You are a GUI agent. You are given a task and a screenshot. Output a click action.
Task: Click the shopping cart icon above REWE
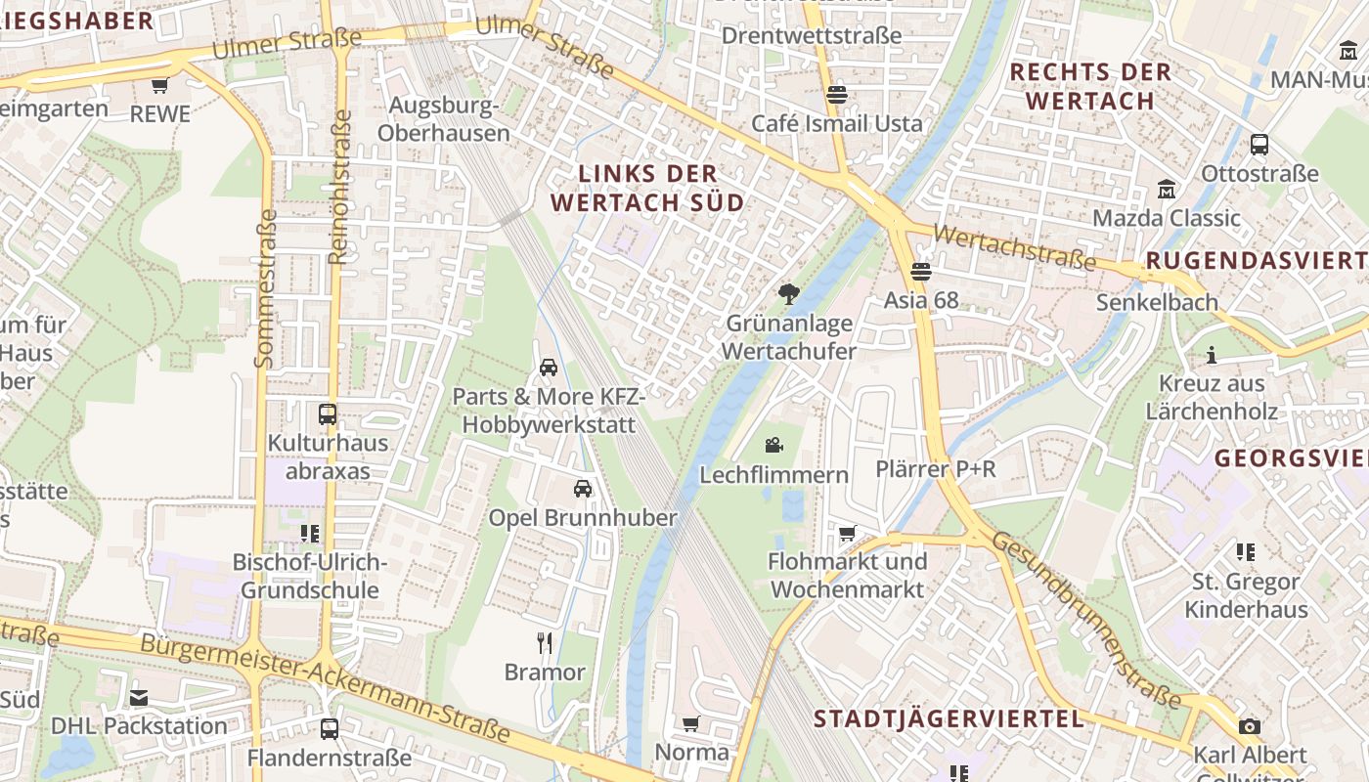click(160, 85)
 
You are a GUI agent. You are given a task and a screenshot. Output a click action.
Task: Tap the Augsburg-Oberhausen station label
click(449, 118)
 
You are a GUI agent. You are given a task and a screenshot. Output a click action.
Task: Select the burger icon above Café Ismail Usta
click(836, 95)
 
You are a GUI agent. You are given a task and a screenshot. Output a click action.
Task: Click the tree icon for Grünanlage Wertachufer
click(788, 293)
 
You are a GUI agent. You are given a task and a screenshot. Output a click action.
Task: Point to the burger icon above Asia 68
click(921, 271)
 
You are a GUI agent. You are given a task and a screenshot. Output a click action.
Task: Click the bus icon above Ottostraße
click(1259, 145)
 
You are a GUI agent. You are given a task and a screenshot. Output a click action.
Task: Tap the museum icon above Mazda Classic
click(1166, 189)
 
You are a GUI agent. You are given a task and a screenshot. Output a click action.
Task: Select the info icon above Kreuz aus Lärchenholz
click(1212, 354)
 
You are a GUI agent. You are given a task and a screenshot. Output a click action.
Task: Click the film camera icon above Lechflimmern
click(773, 446)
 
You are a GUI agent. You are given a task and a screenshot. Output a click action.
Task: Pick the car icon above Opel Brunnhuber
click(583, 489)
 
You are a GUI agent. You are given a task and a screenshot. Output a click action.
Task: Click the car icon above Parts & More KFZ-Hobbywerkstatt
click(549, 368)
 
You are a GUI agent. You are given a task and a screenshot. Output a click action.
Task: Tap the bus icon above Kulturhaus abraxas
click(328, 413)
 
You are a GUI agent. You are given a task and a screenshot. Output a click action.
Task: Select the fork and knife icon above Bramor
click(546, 642)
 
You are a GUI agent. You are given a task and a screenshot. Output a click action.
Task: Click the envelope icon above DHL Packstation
click(139, 697)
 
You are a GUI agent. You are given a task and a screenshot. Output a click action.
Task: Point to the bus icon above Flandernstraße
click(330, 728)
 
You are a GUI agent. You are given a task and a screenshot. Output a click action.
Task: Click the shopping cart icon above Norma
click(691, 723)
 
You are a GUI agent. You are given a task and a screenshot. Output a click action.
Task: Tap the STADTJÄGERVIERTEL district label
click(949, 719)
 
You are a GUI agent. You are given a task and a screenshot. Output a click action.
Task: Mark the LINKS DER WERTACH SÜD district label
click(647, 189)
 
